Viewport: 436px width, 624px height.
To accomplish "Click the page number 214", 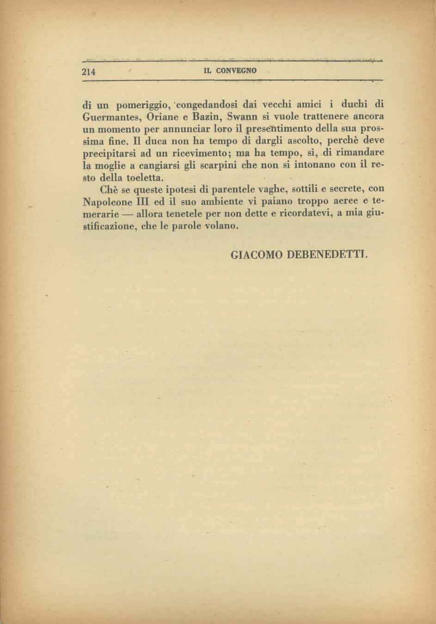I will pyautogui.click(x=88, y=72).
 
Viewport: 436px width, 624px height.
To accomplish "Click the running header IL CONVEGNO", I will pyautogui.click(x=230, y=71).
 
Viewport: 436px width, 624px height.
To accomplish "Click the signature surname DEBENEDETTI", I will pyautogui.click(x=328, y=254).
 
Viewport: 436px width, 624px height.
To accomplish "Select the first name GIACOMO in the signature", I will pyautogui.click(x=256, y=254).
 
